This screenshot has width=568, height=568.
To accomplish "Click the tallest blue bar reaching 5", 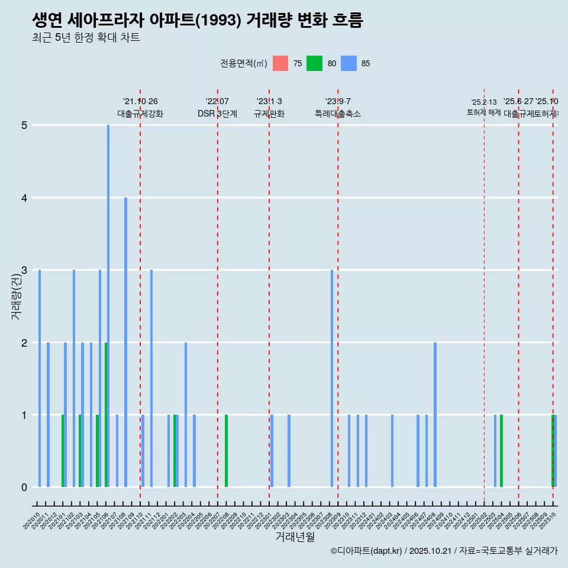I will [x=108, y=305].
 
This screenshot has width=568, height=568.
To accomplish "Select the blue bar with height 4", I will [x=125, y=342].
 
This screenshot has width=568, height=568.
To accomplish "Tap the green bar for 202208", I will [x=226, y=451].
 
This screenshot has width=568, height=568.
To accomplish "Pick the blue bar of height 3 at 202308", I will [x=332, y=379].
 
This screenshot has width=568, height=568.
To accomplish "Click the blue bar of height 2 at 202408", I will [x=435, y=414].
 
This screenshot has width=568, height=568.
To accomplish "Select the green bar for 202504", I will [x=501, y=451].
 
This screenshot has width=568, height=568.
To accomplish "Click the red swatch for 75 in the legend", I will [x=280, y=64].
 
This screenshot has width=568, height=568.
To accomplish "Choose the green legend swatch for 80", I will [x=314, y=64].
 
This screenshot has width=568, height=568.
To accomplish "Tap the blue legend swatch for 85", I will [x=349, y=64].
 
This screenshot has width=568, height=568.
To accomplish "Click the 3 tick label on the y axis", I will [x=24, y=270].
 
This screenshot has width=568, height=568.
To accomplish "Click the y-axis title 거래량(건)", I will [x=16, y=296].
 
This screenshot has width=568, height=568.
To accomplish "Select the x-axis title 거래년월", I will [x=295, y=537].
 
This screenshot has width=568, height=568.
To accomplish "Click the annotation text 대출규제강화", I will [x=140, y=114].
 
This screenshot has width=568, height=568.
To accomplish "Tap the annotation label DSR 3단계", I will [x=218, y=114].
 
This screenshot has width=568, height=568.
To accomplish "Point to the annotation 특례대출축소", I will [x=338, y=114].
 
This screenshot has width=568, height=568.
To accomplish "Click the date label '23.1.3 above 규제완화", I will [x=269, y=102].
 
